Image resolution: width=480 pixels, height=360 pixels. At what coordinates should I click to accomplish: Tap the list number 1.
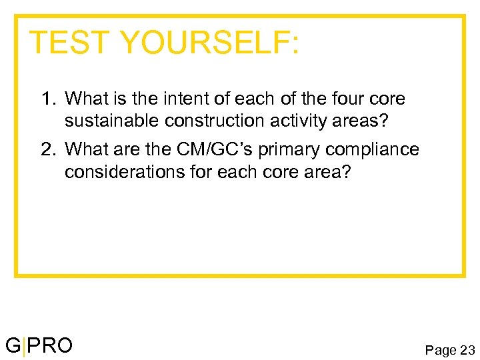[47, 99]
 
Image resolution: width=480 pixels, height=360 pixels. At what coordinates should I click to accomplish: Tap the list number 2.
[47, 149]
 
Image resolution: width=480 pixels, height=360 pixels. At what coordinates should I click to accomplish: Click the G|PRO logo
[39, 345]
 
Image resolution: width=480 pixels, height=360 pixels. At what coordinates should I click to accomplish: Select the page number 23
[467, 350]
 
